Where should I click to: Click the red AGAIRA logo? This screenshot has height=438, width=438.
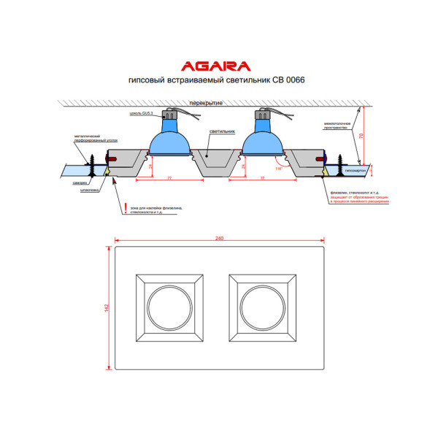point(219,65)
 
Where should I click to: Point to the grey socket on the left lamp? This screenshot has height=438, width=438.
point(171,117)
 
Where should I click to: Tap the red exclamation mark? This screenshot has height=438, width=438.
point(125,208)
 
